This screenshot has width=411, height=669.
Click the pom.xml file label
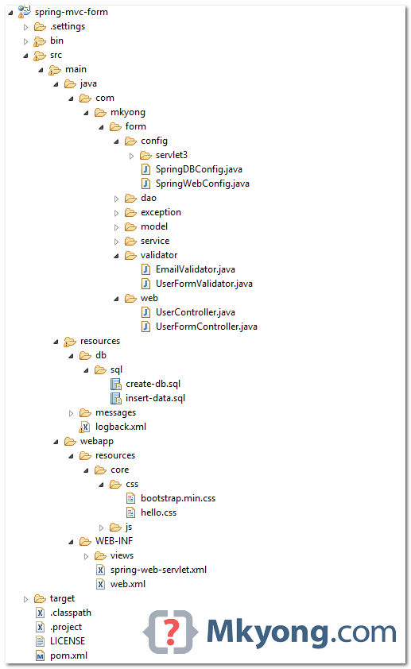pyautogui.click(x=68, y=655)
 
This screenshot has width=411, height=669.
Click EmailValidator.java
pyautogui.click(x=195, y=269)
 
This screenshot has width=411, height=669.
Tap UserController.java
pyautogui.click(x=195, y=312)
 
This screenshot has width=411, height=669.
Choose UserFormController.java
pyautogui.click(x=206, y=327)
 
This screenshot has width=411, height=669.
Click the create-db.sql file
pyautogui.click(x=153, y=384)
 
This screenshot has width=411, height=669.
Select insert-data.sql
pyautogui.click(x=155, y=398)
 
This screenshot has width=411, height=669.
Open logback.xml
pyautogui.click(x=120, y=427)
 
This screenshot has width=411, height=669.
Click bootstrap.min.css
pyautogui.click(x=178, y=498)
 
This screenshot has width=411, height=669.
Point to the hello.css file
pyautogui.click(x=158, y=512)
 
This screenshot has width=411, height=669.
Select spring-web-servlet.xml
pyautogui.click(x=158, y=570)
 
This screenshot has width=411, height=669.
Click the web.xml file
pyautogui.click(x=128, y=584)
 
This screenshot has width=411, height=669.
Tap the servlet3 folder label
pyautogui.click(x=172, y=155)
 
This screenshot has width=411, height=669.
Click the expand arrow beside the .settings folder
pyautogui.click(x=25, y=27)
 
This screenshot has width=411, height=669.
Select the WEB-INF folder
pyautogui.click(x=114, y=541)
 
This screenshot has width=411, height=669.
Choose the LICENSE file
pyautogui.click(x=67, y=641)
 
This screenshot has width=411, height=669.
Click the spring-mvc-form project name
pyautogui.click(x=72, y=12)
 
